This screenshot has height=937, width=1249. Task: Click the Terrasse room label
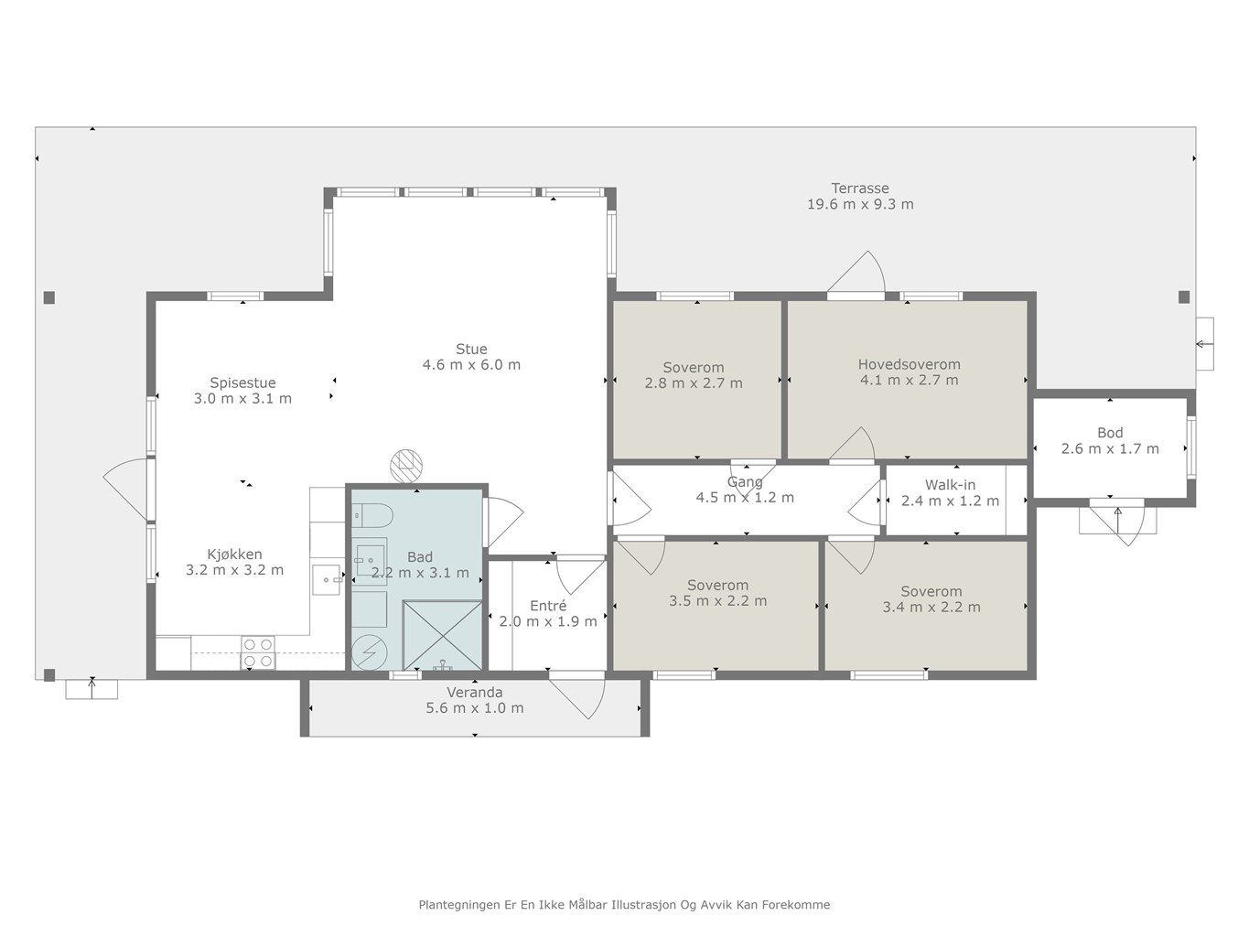(860, 188)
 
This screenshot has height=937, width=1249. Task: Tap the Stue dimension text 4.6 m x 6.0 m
(471, 365)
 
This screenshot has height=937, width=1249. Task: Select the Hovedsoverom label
(909, 364)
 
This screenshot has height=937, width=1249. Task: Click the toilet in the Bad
(372, 516)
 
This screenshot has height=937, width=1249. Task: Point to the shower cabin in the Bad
(442, 635)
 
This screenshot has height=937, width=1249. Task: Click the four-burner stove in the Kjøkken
(258, 652)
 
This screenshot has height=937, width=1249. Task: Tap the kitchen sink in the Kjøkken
(326, 580)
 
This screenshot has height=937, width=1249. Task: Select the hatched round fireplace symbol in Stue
(406, 466)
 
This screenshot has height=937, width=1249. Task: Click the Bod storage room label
(1110, 433)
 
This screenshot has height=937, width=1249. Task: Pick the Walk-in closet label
(950, 485)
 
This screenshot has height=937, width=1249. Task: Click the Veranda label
(475, 693)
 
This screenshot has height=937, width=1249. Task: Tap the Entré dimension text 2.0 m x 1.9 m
(548, 621)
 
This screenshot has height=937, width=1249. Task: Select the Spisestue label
(242, 382)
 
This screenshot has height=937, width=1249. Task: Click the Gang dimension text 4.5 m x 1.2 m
(745, 497)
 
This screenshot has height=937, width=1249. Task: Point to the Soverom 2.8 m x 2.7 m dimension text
(693, 382)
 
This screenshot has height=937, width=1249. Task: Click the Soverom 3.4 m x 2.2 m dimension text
(931, 607)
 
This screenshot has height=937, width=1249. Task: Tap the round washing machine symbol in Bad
(370, 652)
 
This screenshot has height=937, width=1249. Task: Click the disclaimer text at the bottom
(624, 905)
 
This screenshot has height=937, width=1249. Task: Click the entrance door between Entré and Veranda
(576, 697)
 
